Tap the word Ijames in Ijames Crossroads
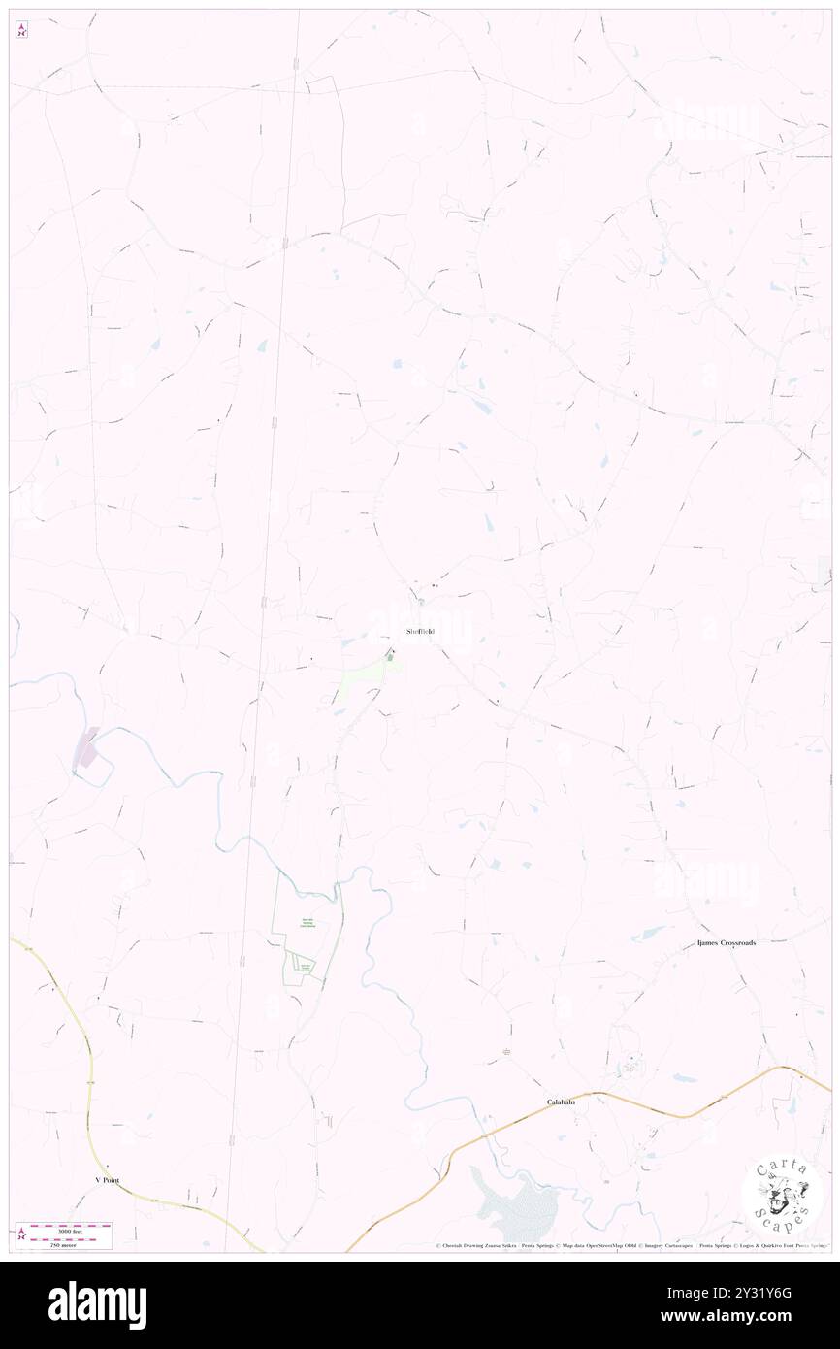[x=710, y=943]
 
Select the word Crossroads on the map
[x=740, y=943]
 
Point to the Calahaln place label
[x=561, y=1102]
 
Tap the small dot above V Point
[x=108, y=1167]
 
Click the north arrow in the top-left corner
[x=22, y=29]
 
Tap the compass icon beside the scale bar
[x=22, y=1234]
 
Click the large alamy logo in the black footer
[x=97, y=1305]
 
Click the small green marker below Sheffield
[x=390, y=657]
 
